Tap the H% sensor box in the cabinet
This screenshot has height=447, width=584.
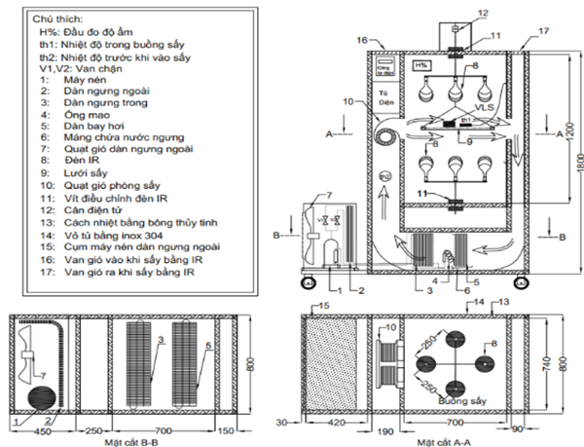click(421, 65)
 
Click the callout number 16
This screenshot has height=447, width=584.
click(362, 40)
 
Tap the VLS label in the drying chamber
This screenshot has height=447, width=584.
click(486, 104)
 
